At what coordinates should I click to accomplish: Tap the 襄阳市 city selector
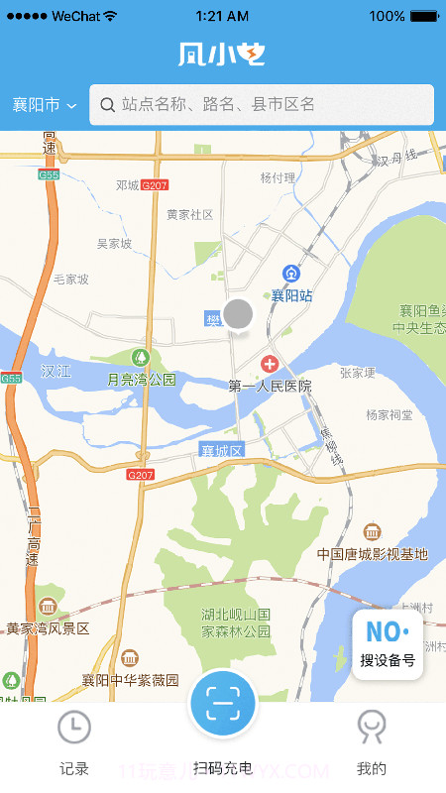tap(44, 105)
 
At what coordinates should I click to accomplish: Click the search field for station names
tap(262, 104)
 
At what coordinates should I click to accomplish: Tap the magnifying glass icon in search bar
tap(107, 104)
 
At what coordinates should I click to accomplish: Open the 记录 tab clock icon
tap(74, 728)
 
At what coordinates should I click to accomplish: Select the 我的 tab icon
tap(372, 728)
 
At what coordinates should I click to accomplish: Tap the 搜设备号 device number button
tap(388, 644)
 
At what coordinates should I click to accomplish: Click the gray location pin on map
tap(238, 314)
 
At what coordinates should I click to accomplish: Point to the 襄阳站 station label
tap(292, 295)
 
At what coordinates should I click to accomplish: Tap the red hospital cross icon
tap(269, 365)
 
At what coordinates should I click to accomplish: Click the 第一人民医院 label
tap(270, 386)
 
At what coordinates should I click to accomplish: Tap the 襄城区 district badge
tap(221, 451)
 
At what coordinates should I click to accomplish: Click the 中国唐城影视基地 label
tap(372, 554)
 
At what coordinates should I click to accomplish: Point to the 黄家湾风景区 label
tap(48, 628)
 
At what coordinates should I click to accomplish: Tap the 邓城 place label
tap(127, 185)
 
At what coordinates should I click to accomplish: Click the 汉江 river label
tap(56, 371)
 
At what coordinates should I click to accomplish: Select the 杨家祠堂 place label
tap(389, 414)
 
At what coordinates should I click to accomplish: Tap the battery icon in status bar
tap(424, 16)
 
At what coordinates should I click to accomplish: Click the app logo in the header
tap(222, 55)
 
